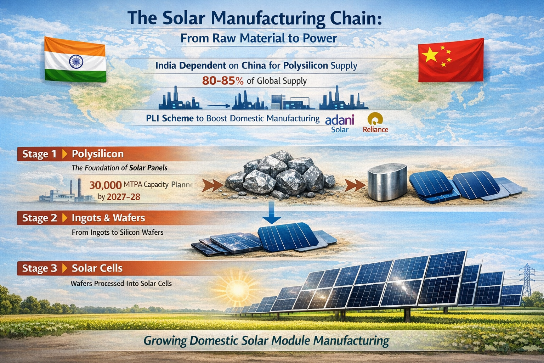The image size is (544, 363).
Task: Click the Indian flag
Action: (x=75, y=60)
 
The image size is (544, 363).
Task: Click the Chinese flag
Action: (x=451, y=60)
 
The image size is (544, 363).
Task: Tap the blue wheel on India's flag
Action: (x=75, y=62)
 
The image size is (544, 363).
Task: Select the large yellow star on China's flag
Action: (x=431, y=55)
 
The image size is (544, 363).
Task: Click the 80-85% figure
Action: (x=223, y=81)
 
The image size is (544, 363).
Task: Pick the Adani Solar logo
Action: (x=340, y=123)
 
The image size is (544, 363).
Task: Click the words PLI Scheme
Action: (x=170, y=118)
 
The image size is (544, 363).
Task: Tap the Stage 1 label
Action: (x=39, y=154)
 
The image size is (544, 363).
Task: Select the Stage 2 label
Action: (x=39, y=218)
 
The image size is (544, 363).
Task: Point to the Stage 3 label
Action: (x=39, y=268)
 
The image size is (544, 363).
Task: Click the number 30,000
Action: (x=105, y=185)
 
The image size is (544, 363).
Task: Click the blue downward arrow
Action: (x=272, y=214)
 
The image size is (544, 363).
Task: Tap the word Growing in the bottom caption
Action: (x=165, y=341)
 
